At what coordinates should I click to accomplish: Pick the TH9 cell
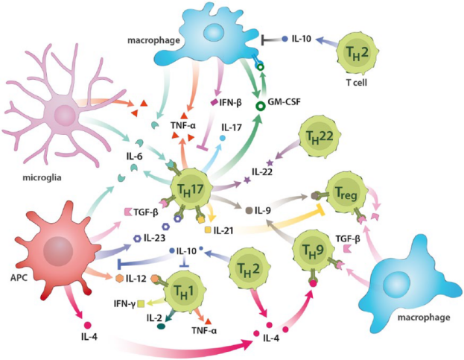point(314,249)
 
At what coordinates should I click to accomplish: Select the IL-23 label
point(159,239)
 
